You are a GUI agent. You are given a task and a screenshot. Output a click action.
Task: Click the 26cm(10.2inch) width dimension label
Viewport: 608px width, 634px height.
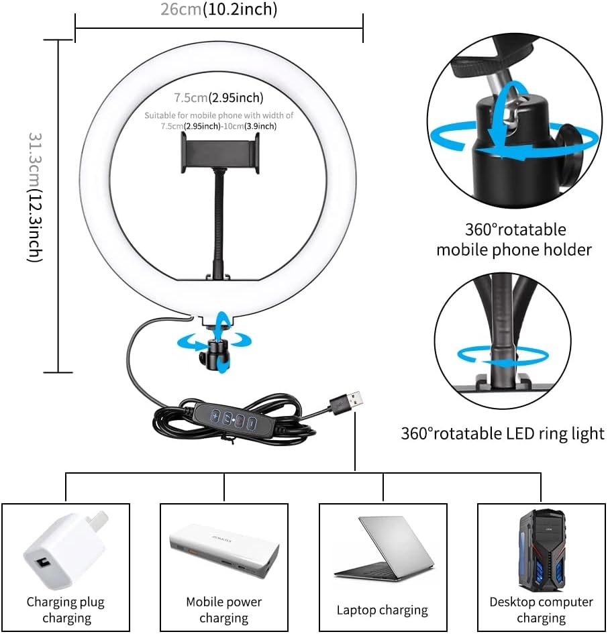point(219,9)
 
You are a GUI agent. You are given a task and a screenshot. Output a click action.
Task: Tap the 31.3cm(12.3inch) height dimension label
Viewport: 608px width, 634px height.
point(35,197)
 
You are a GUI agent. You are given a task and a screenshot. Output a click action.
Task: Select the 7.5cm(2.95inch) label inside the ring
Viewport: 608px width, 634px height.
point(219,97)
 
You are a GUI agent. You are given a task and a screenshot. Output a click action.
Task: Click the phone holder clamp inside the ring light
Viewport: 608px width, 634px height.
point(219,153)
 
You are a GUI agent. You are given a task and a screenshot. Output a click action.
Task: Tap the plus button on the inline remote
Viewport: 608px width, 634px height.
point(215,416)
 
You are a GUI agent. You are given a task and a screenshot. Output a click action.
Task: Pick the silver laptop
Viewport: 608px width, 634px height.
point(384,549)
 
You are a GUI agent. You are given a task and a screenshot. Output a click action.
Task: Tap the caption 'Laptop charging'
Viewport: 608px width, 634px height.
point(383,610)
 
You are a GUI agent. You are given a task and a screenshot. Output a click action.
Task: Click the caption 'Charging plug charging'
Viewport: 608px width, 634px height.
point(66,610)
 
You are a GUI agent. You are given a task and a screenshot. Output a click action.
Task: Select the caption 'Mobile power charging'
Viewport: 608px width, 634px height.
point(223,610)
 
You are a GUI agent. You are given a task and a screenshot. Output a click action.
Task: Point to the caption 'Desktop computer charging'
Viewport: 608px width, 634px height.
point(542,610)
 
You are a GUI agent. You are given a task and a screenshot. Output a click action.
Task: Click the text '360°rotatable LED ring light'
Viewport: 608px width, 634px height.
point(503,433)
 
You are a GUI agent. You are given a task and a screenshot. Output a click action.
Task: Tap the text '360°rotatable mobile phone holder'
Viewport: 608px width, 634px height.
point(514,240)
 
